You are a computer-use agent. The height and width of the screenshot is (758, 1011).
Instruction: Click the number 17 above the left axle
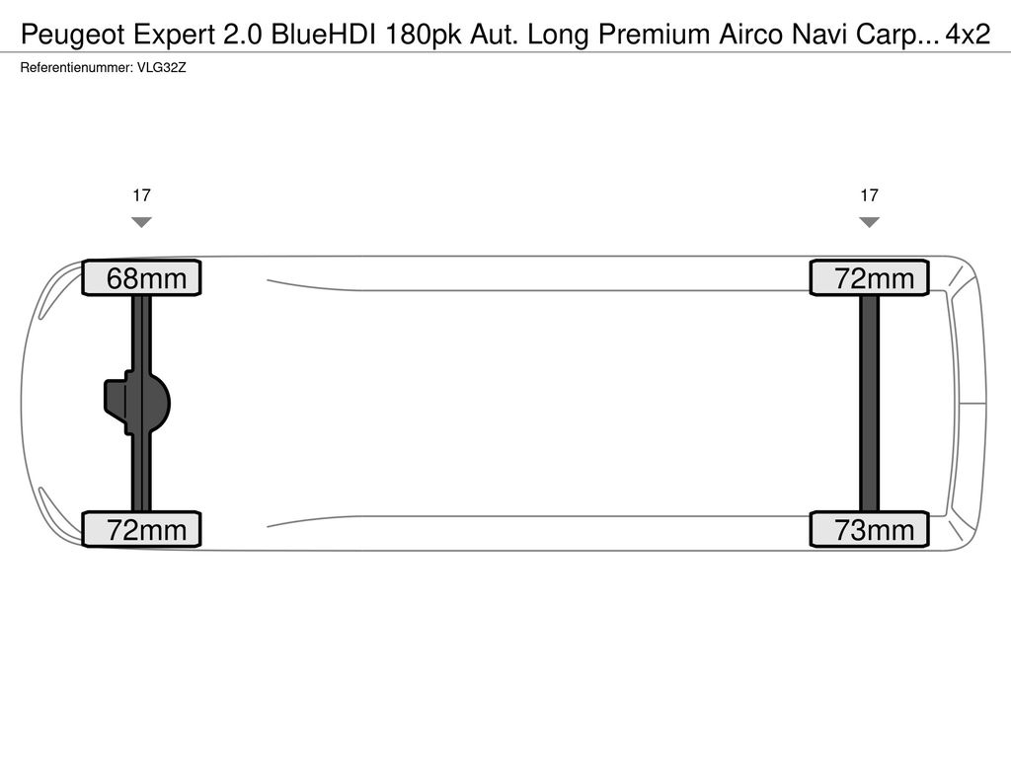coord(141,195)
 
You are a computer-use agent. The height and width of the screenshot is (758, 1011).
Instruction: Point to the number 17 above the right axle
coord(869,195)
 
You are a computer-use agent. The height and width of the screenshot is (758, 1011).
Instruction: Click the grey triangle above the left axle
coord(141,222)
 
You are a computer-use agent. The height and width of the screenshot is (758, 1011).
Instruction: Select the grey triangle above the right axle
coord(869,222)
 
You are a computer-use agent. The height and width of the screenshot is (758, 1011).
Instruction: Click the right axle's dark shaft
coord(869,404)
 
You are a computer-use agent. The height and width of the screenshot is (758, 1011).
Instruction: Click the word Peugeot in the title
coord(73,35)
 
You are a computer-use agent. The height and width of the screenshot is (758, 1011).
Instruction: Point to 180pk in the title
coord(423,35)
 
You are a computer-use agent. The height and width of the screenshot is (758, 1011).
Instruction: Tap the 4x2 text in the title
coord(968,35)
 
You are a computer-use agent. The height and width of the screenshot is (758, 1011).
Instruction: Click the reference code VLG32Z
coord(161,68)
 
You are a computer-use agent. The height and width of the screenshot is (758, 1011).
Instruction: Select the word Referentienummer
coord(77,68)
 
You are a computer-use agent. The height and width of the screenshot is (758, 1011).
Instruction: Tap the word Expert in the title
coord(174,35)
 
